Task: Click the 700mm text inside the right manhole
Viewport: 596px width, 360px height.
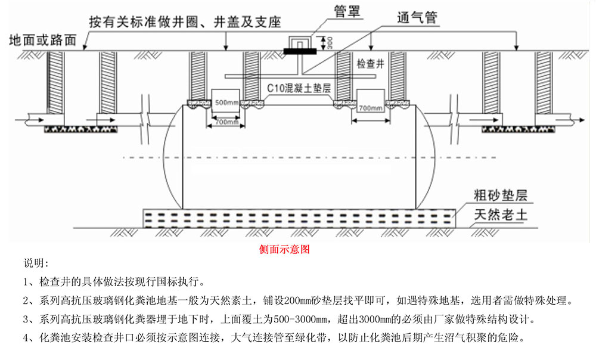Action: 371,108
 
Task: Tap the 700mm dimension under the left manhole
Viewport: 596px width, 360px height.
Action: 224,122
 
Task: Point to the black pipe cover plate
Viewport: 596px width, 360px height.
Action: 300,51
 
